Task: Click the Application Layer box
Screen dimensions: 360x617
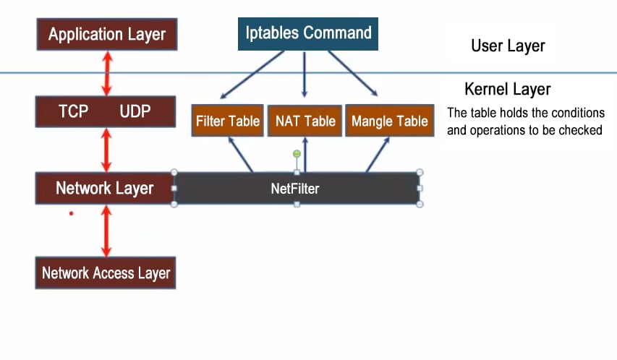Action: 106,34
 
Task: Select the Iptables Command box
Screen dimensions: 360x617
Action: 307,33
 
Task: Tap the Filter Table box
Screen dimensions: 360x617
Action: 227,121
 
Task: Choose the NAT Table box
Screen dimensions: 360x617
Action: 305,121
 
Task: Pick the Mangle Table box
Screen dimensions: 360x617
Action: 389,121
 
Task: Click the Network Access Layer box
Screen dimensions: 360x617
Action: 106,273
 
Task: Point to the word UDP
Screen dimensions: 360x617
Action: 135,111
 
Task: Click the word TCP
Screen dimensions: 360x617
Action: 73,111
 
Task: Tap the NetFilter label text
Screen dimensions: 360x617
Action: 295,189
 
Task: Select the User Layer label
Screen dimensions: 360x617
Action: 508,46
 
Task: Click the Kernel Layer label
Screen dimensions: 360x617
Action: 507,90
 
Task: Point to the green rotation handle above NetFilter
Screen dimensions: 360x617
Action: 297,153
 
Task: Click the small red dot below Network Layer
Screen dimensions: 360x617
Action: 71,213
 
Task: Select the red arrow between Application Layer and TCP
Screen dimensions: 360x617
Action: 107,73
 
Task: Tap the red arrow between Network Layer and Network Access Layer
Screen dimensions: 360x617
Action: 106,230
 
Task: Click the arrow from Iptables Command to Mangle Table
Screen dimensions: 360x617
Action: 353,73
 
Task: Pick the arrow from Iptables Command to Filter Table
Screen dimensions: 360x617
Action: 250,74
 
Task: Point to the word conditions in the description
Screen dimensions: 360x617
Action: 576,113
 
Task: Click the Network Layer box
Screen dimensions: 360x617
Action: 105,189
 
